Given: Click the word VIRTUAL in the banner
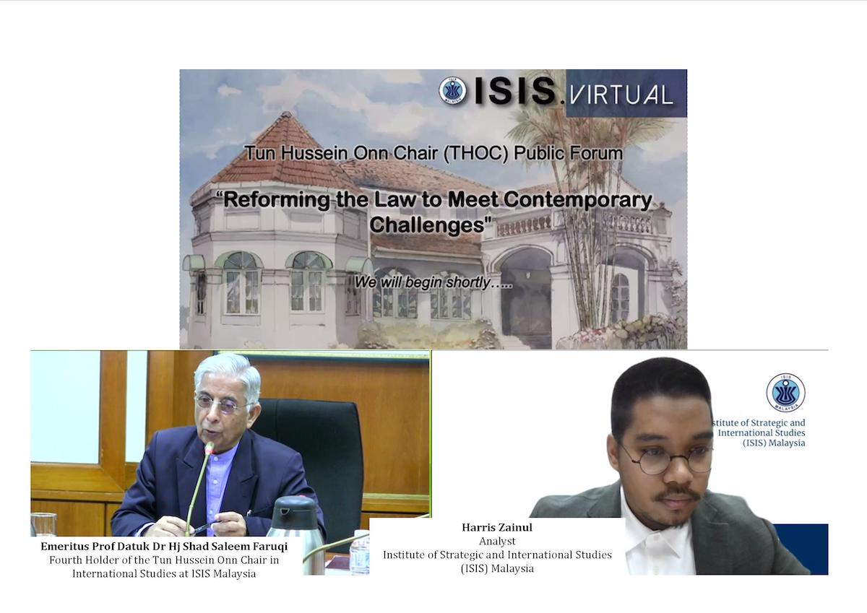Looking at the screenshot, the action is pyautogui.click(x=621, y=95).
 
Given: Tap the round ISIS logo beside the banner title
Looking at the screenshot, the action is pyautogui.click(x=453, y=91).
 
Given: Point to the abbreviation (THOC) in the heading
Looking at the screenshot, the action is pyautogui.click(x=475, y=153).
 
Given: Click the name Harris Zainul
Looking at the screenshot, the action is pyautogui.click(x=497, y=528).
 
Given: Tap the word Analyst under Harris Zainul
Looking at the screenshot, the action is pyautogui.click(x=497, y=541).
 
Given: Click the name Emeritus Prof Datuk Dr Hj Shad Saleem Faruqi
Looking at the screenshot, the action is pyautogui.click(x=164, y=546).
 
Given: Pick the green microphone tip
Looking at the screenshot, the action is pyautogui.click(x=210, y=448).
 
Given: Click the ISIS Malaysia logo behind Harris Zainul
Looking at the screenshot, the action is pyautogui.click(x=786, y=393).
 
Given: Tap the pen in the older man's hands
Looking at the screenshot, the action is pyautogui.click(x=206, y=526).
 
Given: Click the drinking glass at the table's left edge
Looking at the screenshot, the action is pyautogui.click(x=44, y=524).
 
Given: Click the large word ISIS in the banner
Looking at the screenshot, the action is pyautogui.click(x=514, y=91).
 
